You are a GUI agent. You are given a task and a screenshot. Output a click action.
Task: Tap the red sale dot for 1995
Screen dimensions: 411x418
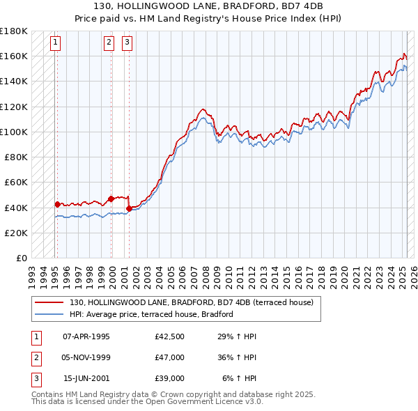[57, 204]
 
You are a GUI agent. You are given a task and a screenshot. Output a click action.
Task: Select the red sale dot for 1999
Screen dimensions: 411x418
[111, 199]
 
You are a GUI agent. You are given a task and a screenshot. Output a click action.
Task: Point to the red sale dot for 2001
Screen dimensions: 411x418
[130, 208]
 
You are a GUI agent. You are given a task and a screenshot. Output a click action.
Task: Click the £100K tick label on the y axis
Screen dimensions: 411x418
[13, 132]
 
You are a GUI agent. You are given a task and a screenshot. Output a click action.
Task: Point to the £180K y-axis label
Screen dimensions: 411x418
[13, 31]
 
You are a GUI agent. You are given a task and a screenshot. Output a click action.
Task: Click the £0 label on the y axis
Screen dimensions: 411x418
[20, 258]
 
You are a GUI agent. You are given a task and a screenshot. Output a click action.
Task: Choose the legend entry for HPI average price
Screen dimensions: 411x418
[150, 315]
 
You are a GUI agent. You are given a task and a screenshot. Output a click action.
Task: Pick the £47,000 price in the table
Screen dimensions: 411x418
[170, 357]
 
